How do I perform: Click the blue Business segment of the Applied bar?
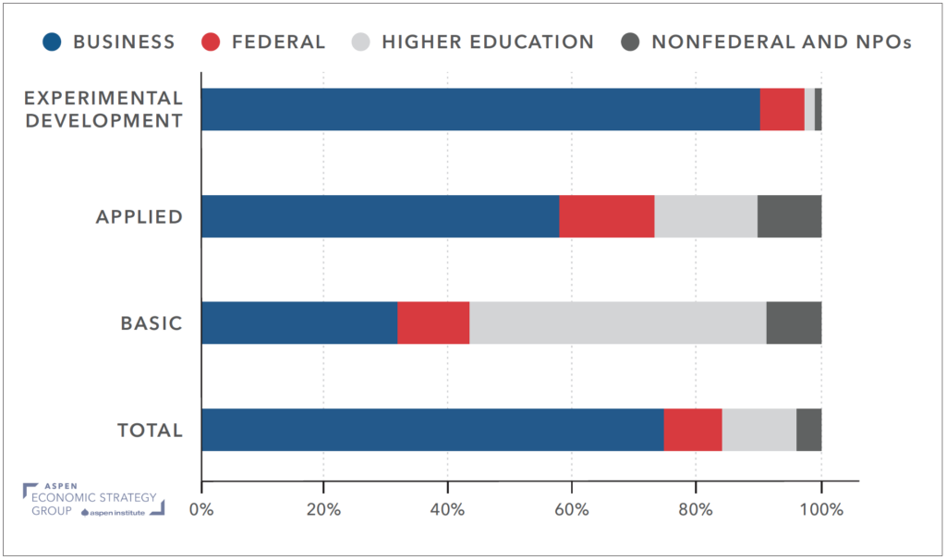[x=380, y=216]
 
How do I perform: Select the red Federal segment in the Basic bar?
[x=433, y=323]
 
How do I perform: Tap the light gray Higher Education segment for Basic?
[x=618, y=323]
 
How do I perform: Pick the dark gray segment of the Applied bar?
[x=789, y=216]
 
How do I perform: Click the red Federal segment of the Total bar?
[x=693, y=430]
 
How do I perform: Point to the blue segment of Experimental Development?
[x=480, y=109]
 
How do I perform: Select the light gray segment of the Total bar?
[x=758, y=430]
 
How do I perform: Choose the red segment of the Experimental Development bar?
[x=782, y=109]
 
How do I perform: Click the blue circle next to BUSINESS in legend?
[x=54, y=42]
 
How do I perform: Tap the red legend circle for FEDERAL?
[x=212, y=42]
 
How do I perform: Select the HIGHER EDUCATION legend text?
[x=488, y=42]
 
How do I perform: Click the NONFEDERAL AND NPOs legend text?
[x=782, y=42]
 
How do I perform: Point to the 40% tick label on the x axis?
[x=447, y=509]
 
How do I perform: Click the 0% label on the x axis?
[x=201, y=509]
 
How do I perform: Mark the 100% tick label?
[x=820, y=509]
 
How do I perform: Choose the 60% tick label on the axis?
[x=571, y=509]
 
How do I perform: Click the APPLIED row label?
[x=139, y=217]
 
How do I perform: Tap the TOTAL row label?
[x=150, y=431]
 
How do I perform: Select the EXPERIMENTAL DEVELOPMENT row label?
[x=103, y=109]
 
